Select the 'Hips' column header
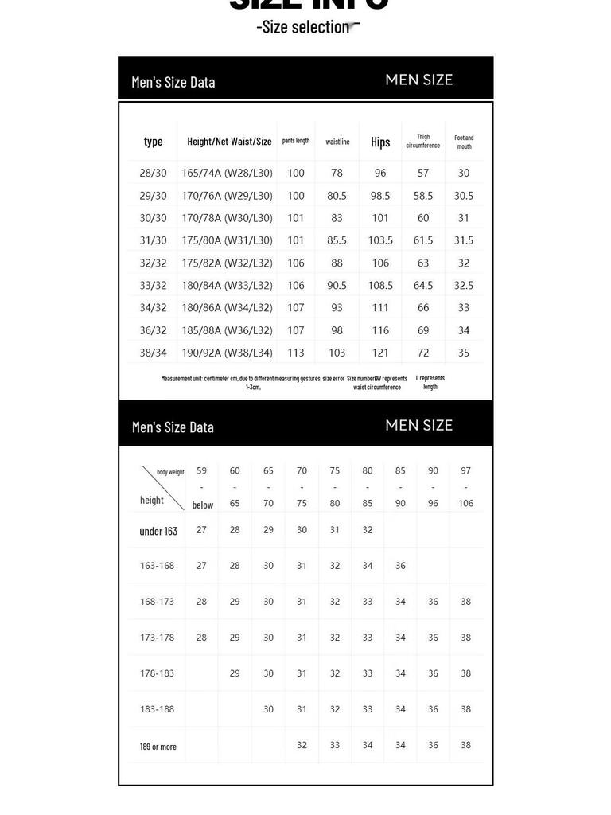click(380, 142)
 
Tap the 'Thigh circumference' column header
click(423, 142)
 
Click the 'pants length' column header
click(296, 141)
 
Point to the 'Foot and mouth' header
click(464, 142)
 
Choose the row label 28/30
click(154, 173)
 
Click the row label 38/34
click(154, 353)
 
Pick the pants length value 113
click(296, 353)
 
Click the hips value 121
click(380, 353)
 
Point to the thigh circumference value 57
click(423, 173)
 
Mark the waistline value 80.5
click(337, 196)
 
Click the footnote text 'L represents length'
click(430, 383)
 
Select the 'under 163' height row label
click(158, 531)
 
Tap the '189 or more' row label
click(158, 747)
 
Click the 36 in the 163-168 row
click(400, 566)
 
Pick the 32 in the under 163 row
click(367, 530)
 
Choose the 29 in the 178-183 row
click(235, 673)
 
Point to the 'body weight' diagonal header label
click(170, 472)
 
